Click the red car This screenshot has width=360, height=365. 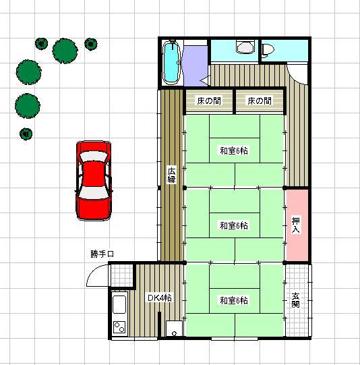(x=94, y=180)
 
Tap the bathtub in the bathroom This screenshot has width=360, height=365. (x=172, y=62)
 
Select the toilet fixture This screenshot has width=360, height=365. (x=268, y=50)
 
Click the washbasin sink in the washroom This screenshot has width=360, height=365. (x=245, y=47)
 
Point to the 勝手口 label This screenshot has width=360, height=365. (x=102, y=254)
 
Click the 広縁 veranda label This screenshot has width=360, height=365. (x=172, y=175)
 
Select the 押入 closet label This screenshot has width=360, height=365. (x=296, y=225)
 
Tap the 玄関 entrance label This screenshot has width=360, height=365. (x=295, y=300)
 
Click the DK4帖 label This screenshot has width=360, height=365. (x=160, y=298)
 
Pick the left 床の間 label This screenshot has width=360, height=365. (x=209, y=101)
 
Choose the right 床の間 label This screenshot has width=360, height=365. (x=260, y=101)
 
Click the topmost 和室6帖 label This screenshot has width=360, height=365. (x=234, y=151)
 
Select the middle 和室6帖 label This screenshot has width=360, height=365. (x=234, y=225)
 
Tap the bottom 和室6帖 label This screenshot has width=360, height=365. (x=234, y=300)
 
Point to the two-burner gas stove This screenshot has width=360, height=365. (x=119, y=327)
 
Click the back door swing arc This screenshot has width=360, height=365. (x=94, y=273)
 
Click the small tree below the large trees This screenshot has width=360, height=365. (x=26, y=134)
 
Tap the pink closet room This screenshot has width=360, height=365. (x=297, y=225)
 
